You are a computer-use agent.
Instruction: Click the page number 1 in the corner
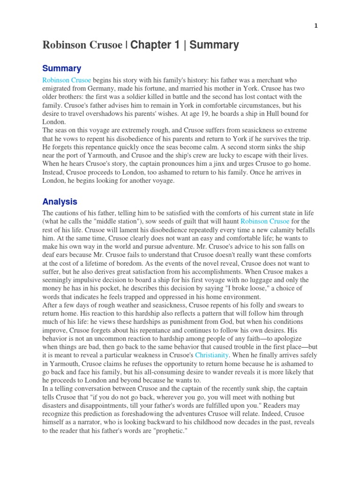pyautogui.click(x=316, y=26)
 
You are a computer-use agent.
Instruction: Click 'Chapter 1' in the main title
pyautogui.click(x=157, y=45)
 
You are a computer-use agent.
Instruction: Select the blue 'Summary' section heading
pyautogui.click(x=62, y=69)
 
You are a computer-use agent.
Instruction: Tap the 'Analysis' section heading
pyautogui.click(x=60, y=202)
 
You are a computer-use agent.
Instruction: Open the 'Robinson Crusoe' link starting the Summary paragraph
pyautogui.click(x=67, y=81)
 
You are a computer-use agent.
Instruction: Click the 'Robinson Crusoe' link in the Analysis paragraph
pyautogui.click(x=265, y=221)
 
